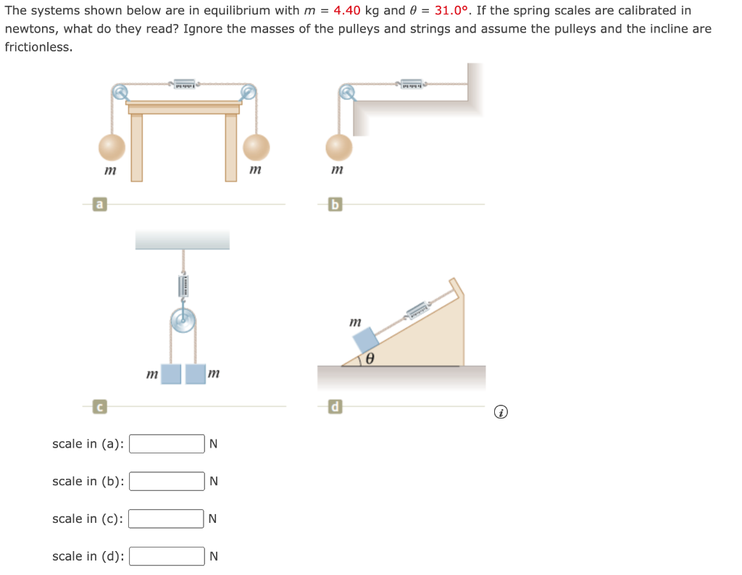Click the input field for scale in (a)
167,444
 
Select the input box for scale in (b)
167,482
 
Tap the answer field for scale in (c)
167,519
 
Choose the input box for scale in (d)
167,556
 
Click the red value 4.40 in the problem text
347,11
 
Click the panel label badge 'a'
98,205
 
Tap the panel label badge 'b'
334,205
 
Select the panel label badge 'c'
98,407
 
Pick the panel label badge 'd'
334,407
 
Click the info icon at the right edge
500,413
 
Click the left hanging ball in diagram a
112,147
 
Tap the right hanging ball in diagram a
256,147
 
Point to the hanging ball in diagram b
338,147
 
